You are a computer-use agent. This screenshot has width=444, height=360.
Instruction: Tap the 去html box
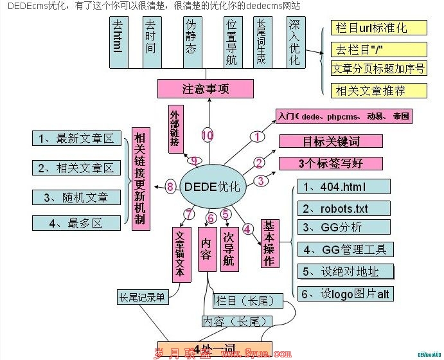tap(117, 42)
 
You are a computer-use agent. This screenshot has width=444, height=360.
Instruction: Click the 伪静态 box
tap(191, 42)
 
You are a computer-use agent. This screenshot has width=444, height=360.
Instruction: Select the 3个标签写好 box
tap(331, 163)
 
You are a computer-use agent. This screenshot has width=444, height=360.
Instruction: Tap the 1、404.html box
tap(344, 187)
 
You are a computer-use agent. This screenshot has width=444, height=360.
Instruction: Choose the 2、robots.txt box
tap(344, 208)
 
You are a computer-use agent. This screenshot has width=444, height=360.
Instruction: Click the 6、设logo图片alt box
tap(345, 294)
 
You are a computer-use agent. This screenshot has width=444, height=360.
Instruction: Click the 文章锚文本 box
tap(181, 254)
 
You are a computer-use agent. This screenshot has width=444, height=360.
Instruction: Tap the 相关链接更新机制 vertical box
tap(139, 179)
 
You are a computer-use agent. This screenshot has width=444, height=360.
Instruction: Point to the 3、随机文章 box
tap(76, 197)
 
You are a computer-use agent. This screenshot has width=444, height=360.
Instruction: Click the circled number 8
tap(170, 187)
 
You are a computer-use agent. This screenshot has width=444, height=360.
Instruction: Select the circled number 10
tap(207, 135)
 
